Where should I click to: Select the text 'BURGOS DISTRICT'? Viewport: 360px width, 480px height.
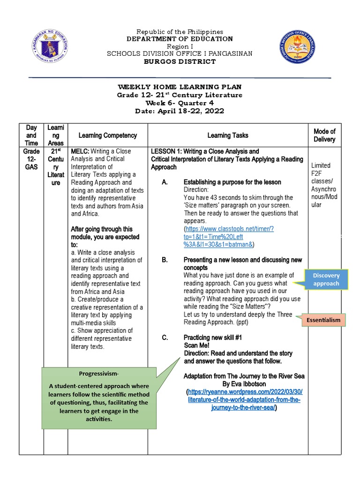click(180, 61)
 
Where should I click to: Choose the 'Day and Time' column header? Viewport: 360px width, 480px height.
click(31, 135)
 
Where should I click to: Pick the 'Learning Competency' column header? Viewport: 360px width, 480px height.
click(108, 135)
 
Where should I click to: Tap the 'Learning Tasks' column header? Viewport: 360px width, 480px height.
click(227, 135)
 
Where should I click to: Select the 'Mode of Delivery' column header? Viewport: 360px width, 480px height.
click(324, 135)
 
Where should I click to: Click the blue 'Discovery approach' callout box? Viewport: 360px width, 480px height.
click(326, 279)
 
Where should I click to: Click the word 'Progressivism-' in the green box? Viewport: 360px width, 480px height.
click(99, 373)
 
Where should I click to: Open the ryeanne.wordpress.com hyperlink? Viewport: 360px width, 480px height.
click(244, 400)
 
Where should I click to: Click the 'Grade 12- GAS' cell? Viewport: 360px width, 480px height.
click(31, 159)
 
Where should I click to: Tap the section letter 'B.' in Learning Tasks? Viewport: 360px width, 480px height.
click(165, 260)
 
